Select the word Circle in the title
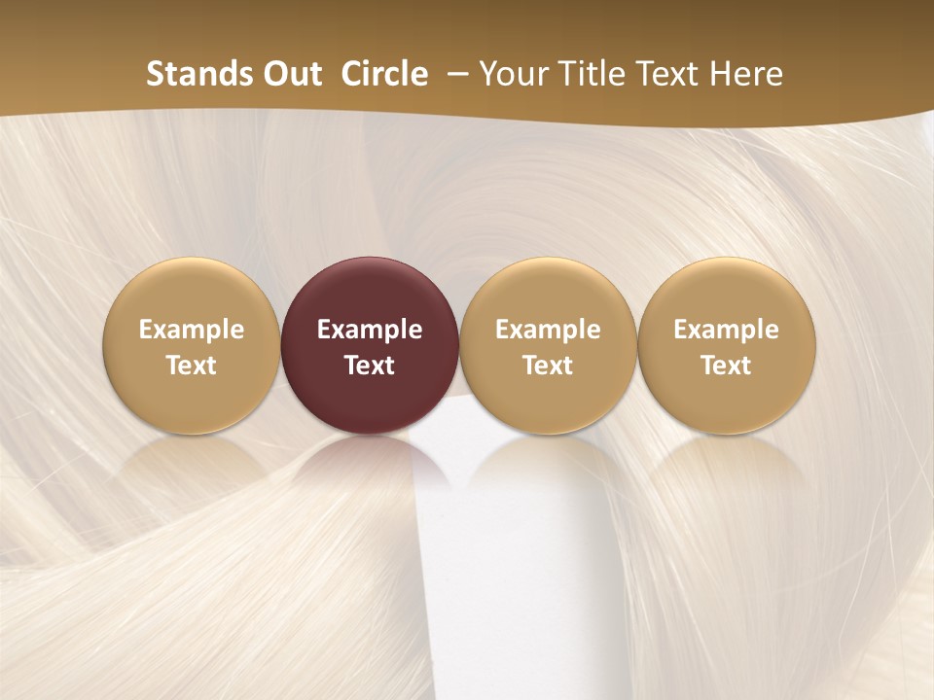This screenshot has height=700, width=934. click(384, 74)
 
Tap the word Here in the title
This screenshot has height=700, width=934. click(746, 74)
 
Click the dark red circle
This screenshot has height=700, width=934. click(370, 292)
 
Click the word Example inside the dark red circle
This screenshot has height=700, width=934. click(370, 330)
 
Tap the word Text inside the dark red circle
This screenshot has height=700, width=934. click(370, 366)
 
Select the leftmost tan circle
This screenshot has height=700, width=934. click(191, 292)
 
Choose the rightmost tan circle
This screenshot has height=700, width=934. click(727, 292)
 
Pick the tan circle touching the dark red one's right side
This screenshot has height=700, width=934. click(548, 292)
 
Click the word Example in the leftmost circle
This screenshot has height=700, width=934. click(191, 330)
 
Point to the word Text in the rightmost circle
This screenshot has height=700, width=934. click(727, 366)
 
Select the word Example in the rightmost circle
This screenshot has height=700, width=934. click(727, 330)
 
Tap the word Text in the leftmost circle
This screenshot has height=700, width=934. click(191, 366)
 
